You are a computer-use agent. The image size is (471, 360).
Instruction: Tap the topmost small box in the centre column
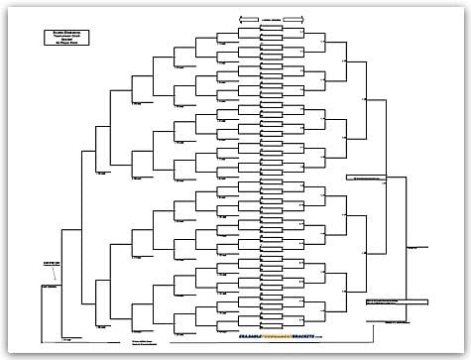pyautogui.click(x=270, y=28)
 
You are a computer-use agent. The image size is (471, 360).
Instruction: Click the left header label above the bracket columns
pyautogui.click(x=245, y=19)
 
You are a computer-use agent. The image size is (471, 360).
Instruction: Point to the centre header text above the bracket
pyautogui.click(x=270, y=19)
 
